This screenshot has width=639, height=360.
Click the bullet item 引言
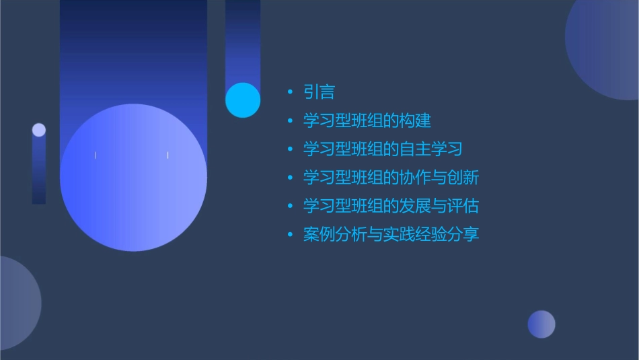[x=319, y=92]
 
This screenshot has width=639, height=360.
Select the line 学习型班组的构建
[x=367, y=120]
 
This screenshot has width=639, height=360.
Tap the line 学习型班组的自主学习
[x=382, y=149]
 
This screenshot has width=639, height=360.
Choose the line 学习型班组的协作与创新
[x=390, y=178]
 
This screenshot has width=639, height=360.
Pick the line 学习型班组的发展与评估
[x=390, y=206]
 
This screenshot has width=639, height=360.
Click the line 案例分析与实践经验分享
[x=390, y=235]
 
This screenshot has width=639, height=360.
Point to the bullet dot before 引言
[x=290, y=93]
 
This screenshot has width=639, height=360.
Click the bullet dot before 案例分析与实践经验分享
[x=290, y=235]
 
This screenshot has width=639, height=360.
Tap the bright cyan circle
[x=243, y=100]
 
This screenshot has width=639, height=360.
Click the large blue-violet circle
[x=133, y=178]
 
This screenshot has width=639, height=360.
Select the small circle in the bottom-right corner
[x=541, y=324]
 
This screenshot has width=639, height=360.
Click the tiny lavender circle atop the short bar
[x=39, y=130]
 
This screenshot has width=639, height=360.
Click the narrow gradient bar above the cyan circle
[x=243, y=40]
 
